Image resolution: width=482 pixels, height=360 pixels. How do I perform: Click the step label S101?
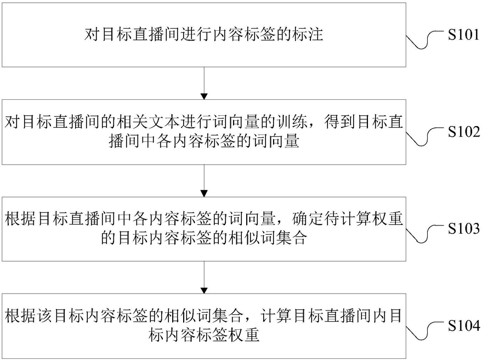[x=463, y=35]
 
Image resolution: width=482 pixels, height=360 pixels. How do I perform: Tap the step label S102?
[x=463, y=132]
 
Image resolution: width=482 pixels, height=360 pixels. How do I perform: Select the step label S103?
[x=463, y=229]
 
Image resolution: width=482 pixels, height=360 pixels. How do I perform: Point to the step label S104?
[x=463, y=325]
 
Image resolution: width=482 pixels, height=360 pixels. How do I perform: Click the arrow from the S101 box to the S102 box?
[x=204, y=83]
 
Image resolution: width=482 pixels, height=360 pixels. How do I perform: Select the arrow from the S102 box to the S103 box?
[x=204, y=181]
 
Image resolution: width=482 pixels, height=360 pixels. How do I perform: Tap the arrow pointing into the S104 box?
[x=204, y=277]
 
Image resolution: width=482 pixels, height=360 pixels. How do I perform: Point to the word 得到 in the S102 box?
[x=339, y=122]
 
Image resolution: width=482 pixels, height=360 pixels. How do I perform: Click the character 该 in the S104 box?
[x=45, y=316]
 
